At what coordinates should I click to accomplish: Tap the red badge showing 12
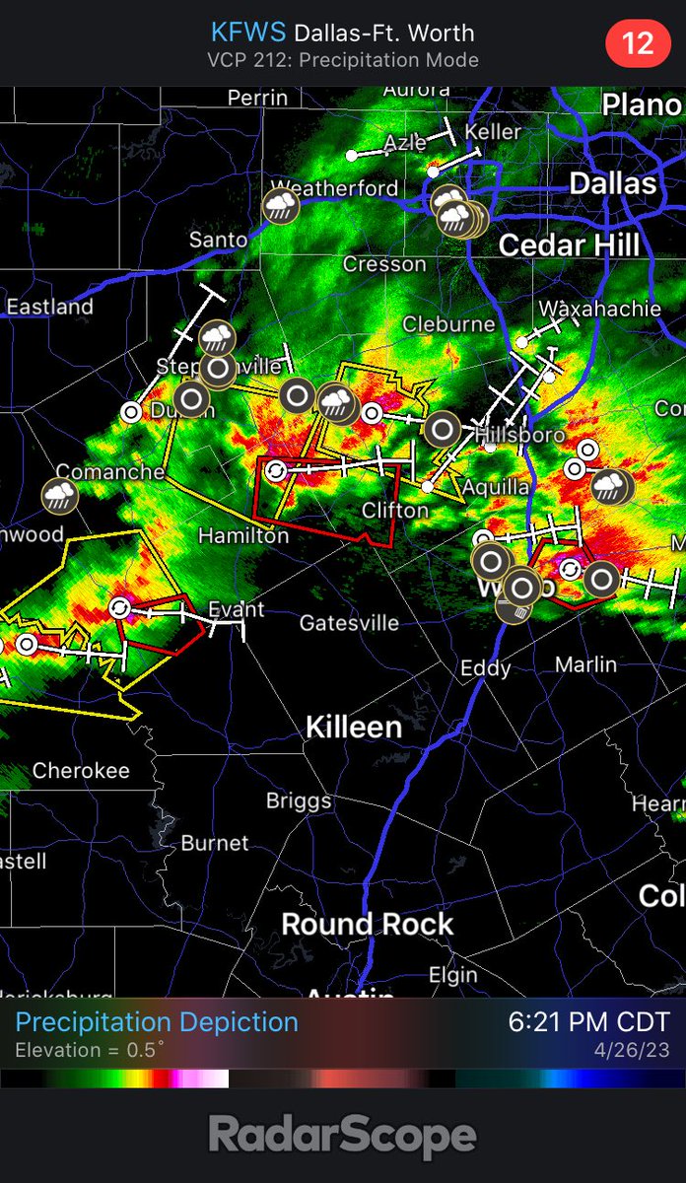coord(638,43)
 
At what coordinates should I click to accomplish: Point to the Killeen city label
coord(354,728)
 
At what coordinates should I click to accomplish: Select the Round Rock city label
coord(368,925)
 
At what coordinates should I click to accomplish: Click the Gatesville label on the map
coord(349,623)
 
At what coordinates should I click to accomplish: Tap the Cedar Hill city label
coord(570,244)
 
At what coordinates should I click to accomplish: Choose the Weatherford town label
coord(335,188)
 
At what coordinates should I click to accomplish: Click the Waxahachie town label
coord(599,309)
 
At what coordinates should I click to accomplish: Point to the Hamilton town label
coord(243,535)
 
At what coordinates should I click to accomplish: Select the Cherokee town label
coord(81,771)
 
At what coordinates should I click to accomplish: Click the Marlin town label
coord(585,664)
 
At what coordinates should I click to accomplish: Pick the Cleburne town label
coord(448,323)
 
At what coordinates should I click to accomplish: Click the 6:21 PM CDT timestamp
coord(588,1022)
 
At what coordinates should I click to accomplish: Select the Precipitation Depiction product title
coord(157,1022)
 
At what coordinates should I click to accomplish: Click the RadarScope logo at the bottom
coord(343,1136)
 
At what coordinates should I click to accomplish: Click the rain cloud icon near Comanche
coord(60,495)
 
